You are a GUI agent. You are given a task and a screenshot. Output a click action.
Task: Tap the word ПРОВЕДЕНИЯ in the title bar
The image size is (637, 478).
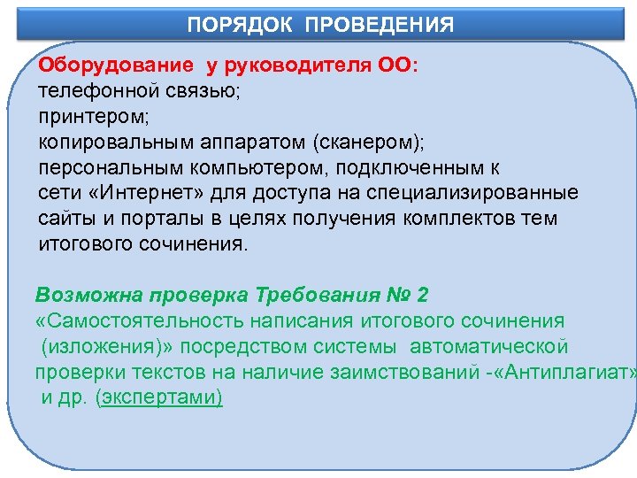tap(380, 24)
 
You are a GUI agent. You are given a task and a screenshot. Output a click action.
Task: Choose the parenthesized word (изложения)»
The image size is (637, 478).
tap(100, 345)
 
